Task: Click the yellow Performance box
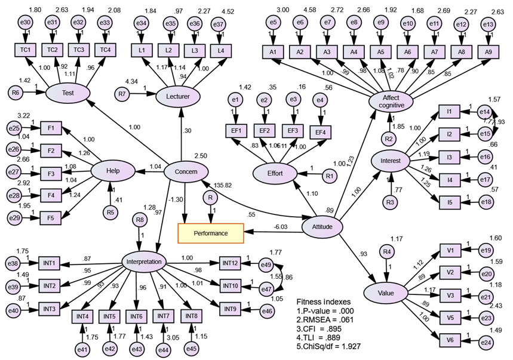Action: coord(211,233)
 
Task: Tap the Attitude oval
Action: coord(322,227)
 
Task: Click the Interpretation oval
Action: coord(144,261)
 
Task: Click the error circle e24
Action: coord(486,342)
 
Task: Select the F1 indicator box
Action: coord(52,128)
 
